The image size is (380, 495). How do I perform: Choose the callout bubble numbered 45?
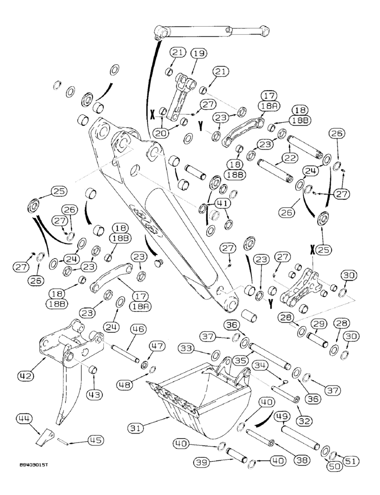(96, 439)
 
